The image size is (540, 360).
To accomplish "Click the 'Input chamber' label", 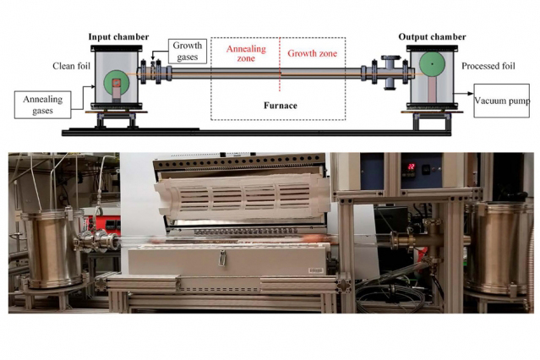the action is (x=118, y=37).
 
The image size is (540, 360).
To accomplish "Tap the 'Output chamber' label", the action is (x=432, y=37).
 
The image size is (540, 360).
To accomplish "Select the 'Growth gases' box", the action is (x=188, y=52).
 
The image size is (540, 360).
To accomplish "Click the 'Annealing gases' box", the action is (x=43, y=105).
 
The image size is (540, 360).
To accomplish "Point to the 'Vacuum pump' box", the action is (x=501, y=101).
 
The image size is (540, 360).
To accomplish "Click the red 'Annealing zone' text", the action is (x=246, y=53).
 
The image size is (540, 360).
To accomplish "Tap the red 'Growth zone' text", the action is (x=313, y=53).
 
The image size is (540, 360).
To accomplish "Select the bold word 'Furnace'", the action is (x=281, y=106).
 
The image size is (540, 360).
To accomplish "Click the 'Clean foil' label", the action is (x=71, y=66).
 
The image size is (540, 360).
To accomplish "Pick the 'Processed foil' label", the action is (x=488, y=66).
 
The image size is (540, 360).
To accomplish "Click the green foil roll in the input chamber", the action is (x=117, y=84).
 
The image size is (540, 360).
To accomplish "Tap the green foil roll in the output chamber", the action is (x=432, y=64).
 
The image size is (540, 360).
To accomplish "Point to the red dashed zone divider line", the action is (x=280, y=64).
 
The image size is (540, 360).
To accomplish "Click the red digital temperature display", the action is (x=411, y=167).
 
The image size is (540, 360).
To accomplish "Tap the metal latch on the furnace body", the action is (x=223, y=258).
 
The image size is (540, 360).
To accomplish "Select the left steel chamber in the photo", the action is (x=52, y=249).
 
